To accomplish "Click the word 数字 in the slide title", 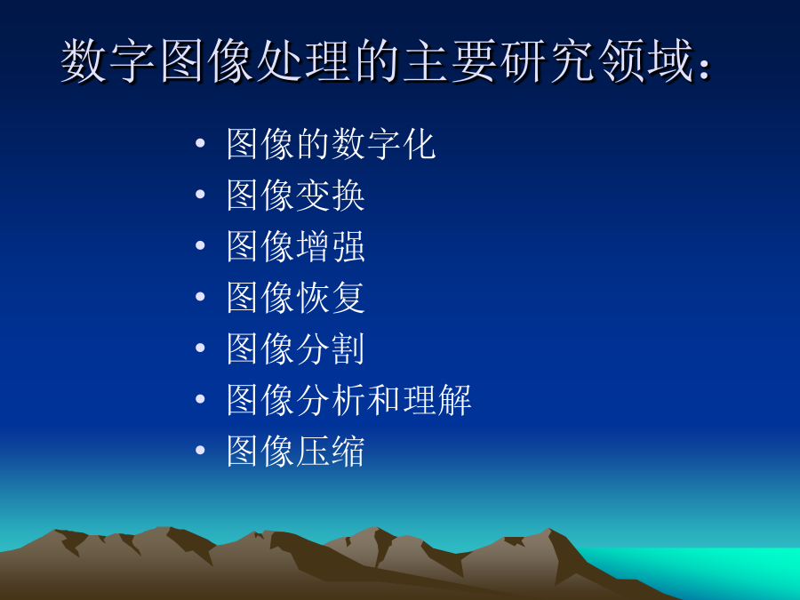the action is [108, 60].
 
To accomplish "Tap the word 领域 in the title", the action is [646, 60].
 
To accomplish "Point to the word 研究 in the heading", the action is [548, 60].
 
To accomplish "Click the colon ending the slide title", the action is [705, 68].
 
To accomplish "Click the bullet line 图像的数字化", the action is [332, 144].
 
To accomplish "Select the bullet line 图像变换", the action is [296, 195].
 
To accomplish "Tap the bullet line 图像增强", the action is [296, 246].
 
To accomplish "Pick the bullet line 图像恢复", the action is [296, 298].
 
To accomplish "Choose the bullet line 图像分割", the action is [296, 348].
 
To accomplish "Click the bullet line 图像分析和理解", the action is [349, 399].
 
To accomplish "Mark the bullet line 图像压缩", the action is [296, 451].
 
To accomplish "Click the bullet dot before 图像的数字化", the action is [200, 143].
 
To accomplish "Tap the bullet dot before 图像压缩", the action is [200, 450].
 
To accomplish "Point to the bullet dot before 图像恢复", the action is [200, 296].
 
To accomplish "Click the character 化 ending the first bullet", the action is [420, 144].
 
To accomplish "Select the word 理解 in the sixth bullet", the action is [437, 399].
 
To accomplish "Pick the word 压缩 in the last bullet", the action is [331, 451].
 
